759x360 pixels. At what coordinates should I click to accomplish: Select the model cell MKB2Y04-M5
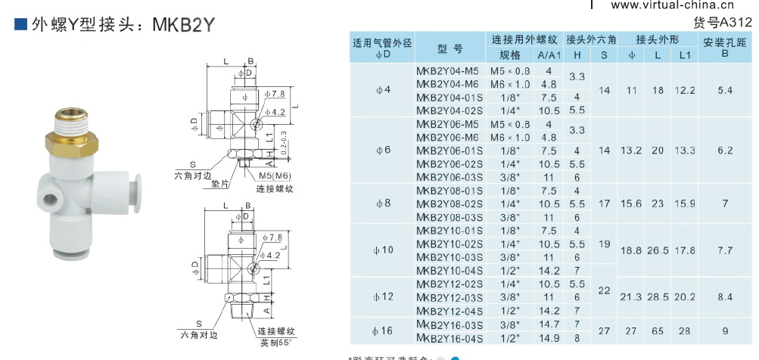tap(447, 70)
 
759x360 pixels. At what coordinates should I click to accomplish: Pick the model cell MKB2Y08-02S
tap(449, 203)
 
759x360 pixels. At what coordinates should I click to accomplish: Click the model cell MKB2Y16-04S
tap(449, 337)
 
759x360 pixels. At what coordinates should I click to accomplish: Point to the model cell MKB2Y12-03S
tap(449, 297)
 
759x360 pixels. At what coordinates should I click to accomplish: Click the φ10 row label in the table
tap(383, 250)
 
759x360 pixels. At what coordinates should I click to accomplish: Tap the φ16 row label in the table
tap(383, 331)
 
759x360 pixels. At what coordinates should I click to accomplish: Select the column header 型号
tap(449, 49)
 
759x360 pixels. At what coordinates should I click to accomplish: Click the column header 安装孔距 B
tap(725, 48)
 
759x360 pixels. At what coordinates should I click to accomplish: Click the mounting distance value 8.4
tap(725, 297)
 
